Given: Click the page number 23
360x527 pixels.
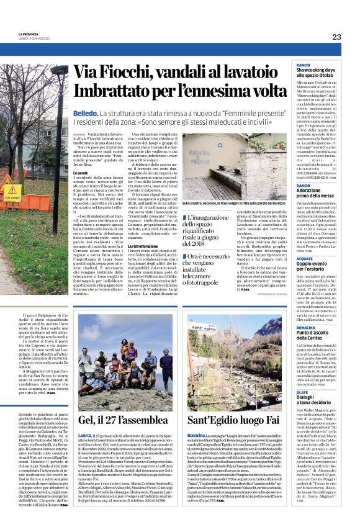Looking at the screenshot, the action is [x=336, y=37].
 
